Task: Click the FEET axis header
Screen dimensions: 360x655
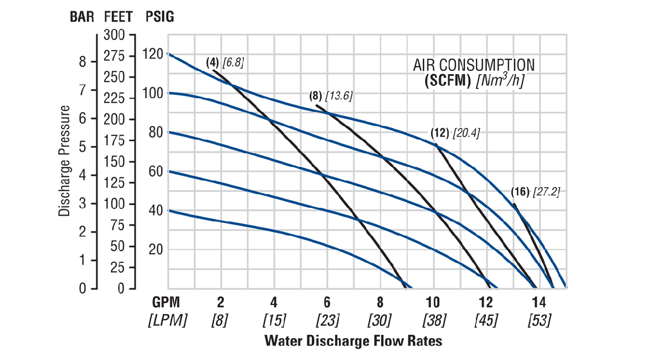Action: point(119,16)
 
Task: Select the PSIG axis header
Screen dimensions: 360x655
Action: point(160,16)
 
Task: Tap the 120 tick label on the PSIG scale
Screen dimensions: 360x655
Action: point(153,54)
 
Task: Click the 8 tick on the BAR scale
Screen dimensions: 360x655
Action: point(82,62)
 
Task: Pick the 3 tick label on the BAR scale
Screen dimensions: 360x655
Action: point(82,203)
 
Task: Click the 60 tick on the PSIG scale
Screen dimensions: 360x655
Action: point(155,171)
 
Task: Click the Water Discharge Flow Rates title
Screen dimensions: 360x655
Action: point(353,341)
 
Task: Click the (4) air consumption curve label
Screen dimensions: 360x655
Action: point(213,62)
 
